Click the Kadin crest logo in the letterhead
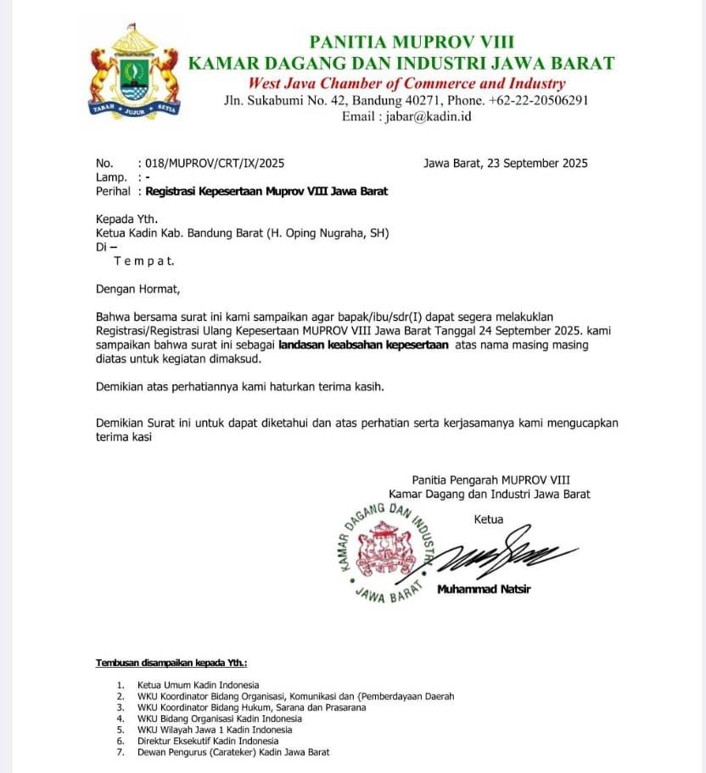tap(133, 72)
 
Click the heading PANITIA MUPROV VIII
tap(412, 42)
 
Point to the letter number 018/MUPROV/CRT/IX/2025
tap(215, 164)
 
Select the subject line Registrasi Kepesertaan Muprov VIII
tap(266, 191)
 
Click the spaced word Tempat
tap(143, 260)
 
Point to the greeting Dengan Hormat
tap(137, 288)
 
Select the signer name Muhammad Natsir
tap(484, 590)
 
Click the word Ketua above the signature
tap(489, 519)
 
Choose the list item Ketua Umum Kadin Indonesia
tap(198, 685)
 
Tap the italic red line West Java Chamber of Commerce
tap(406, 83)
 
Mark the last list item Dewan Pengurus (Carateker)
tap(233, 752)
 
